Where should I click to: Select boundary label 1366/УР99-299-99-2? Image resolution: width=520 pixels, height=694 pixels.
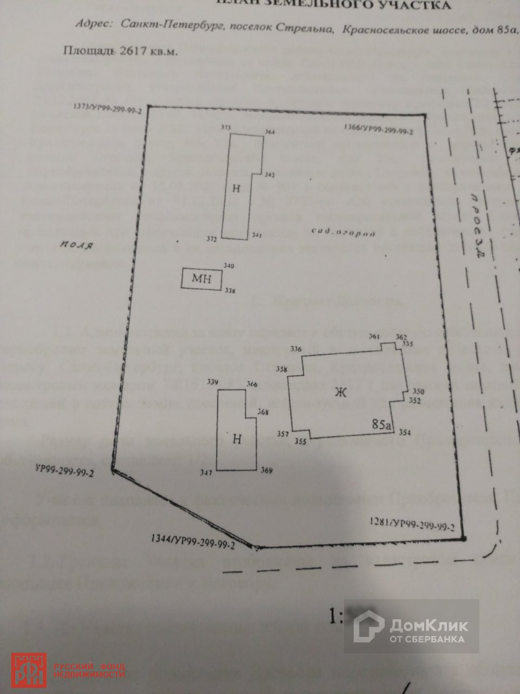379,130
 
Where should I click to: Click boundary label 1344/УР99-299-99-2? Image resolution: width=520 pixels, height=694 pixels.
192,542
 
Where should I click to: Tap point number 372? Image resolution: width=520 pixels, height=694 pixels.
212,239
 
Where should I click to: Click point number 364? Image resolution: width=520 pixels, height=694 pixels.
270,132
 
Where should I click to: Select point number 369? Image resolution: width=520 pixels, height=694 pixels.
266,470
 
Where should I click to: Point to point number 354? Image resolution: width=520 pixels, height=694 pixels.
405,432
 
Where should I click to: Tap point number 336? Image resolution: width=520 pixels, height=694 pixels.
296,349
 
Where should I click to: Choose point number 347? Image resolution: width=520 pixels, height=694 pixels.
205,473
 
